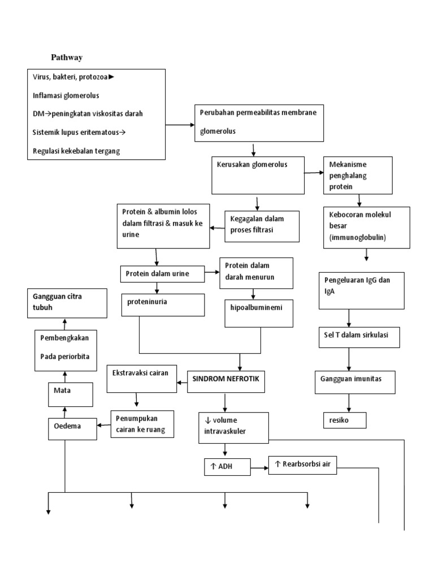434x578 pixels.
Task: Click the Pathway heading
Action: pos(67,57)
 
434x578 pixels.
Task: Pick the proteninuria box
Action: pos(163,304)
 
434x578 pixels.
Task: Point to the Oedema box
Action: pos(70,428)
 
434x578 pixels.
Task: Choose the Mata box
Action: pos(70,393)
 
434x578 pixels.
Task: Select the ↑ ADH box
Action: pos(226,467)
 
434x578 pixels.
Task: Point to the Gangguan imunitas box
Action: pos(355,382)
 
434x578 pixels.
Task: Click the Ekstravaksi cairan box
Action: pos(141,378)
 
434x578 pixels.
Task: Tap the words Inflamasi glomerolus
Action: pos(66,95)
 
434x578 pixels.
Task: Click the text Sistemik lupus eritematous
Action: pos(79,132)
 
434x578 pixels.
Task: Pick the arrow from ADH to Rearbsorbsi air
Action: pos(259,467)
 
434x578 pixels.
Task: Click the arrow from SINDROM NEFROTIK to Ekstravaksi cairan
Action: pos(183,383)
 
